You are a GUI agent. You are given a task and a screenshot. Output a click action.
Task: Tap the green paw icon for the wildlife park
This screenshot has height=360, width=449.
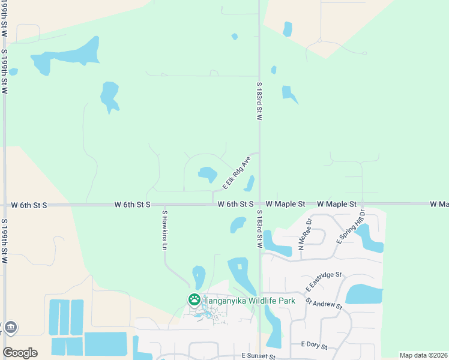pos(194,299)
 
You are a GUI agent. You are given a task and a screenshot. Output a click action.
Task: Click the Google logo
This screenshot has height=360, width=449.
pos(20,353)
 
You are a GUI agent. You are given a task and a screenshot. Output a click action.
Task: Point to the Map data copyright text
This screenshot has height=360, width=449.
pos(423,355)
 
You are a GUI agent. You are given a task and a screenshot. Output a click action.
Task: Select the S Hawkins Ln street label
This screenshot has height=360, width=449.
pos(164,230)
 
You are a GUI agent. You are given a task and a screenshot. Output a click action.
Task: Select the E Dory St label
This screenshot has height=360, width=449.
pos(314,346)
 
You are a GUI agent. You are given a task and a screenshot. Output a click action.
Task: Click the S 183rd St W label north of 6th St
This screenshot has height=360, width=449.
pos(259,101)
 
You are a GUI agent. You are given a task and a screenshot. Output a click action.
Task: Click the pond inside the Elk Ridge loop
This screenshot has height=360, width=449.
pos(208,175)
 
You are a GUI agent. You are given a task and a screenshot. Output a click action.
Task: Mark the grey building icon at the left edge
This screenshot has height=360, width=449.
pos(10,328)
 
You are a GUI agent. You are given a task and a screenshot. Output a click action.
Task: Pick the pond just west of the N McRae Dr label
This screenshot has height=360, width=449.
pos(277,244)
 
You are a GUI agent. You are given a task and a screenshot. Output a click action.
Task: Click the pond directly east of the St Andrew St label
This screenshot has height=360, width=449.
pos(364,295)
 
